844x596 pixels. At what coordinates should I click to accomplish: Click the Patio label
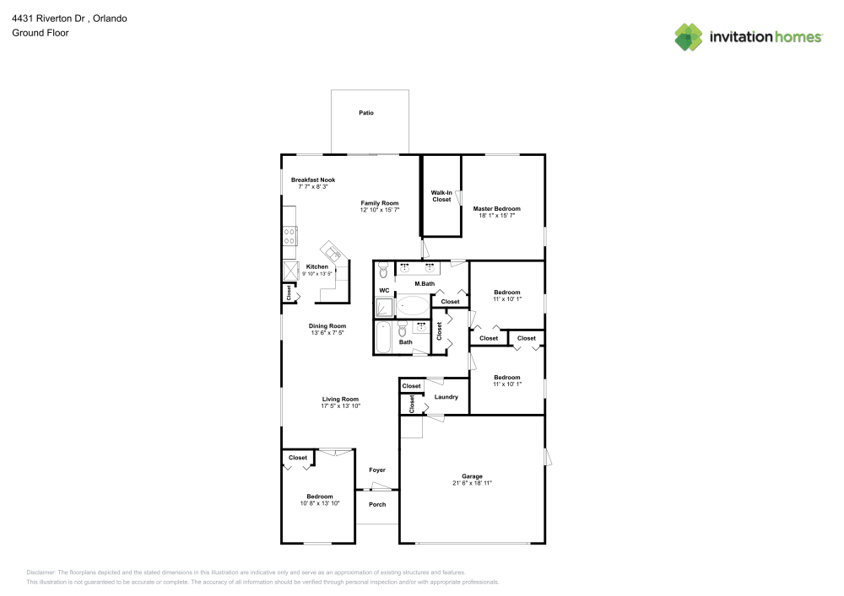click(x=366, y=113)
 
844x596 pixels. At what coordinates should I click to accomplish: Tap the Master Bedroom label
click(x=497, y=208)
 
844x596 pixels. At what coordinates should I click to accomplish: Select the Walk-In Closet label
click(x=441, y=196)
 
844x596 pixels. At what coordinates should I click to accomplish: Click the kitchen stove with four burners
click(x=289, y=237)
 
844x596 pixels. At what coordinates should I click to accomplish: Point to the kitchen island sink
click(x=332, y=251)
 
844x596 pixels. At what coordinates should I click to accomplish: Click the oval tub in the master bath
click(x=413, y=306)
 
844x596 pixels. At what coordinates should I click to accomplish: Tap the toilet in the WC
click(x=383, y=270)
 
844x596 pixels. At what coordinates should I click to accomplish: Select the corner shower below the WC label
click(x=384, y=308)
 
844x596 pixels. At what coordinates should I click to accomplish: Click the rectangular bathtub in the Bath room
click(x=383, y=337)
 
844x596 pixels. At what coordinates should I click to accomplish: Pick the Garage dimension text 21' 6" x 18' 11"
click(x=472, y=483)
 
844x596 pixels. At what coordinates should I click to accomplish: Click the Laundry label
click(x=446, y=397)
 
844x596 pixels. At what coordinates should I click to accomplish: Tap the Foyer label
click(x=377, y=470)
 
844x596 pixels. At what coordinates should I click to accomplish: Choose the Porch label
click(x=377, y=505)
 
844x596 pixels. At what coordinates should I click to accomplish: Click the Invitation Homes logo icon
click(x=689, y=37)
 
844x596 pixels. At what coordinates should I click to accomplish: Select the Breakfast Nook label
click(x=313, y=180)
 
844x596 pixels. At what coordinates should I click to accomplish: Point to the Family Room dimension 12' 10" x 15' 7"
click(x=380, y=210)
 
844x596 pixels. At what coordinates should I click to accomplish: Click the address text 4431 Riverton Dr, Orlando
click(x=69, y=19)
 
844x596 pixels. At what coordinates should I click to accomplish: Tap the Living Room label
click(x=340, y=400)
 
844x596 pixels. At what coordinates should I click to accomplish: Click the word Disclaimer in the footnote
click(x=41, y=572)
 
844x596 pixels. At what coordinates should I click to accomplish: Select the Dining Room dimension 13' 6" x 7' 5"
click(x=327, y=333)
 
